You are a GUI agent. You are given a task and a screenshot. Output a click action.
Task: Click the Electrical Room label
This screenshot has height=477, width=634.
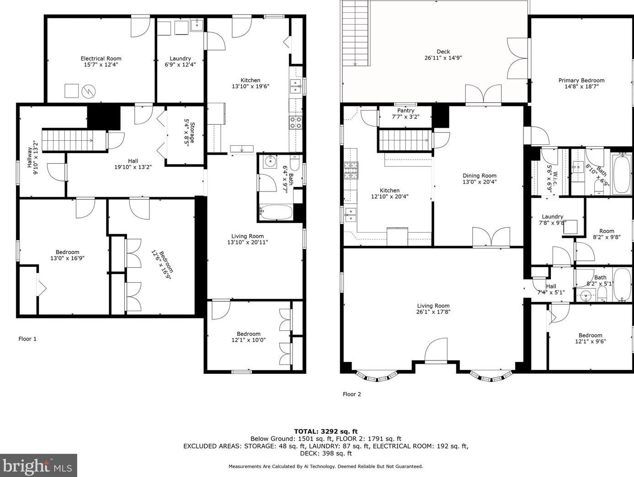tap(101, 58)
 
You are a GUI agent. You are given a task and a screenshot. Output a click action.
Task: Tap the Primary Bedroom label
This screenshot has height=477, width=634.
tap(581, 80)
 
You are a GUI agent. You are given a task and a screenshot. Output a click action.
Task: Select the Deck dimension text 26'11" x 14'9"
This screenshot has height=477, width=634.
tap(443, 58)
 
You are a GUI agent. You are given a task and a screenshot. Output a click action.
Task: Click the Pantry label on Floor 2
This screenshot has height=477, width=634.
tap(405, 111)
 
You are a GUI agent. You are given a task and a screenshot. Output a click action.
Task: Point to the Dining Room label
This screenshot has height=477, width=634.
tap(479, 175)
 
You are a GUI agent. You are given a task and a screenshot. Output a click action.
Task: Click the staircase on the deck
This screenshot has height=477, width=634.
tap(355, 33)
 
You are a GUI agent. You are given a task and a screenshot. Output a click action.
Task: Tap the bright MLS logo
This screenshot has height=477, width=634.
tap(38, 466)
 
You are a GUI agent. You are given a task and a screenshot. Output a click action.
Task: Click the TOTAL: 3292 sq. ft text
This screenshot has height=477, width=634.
tap(325, 431)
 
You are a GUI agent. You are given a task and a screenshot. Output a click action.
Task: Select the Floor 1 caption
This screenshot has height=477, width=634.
tap(27, 339)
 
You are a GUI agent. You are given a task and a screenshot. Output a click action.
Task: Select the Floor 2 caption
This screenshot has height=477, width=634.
tap(352, 394)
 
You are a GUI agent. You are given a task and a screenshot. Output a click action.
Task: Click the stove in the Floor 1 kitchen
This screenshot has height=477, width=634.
tap(296, 122)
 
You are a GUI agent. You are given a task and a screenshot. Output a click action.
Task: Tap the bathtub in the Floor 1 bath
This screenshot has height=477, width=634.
tap(276, 212)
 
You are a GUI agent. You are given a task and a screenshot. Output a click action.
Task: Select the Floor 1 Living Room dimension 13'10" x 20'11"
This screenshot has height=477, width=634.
tap(247, 242)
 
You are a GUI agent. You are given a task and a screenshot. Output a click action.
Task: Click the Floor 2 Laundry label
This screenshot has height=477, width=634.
tap(552, 217)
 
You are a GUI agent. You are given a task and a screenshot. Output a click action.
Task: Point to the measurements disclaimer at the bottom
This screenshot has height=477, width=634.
tap(325, 466)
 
